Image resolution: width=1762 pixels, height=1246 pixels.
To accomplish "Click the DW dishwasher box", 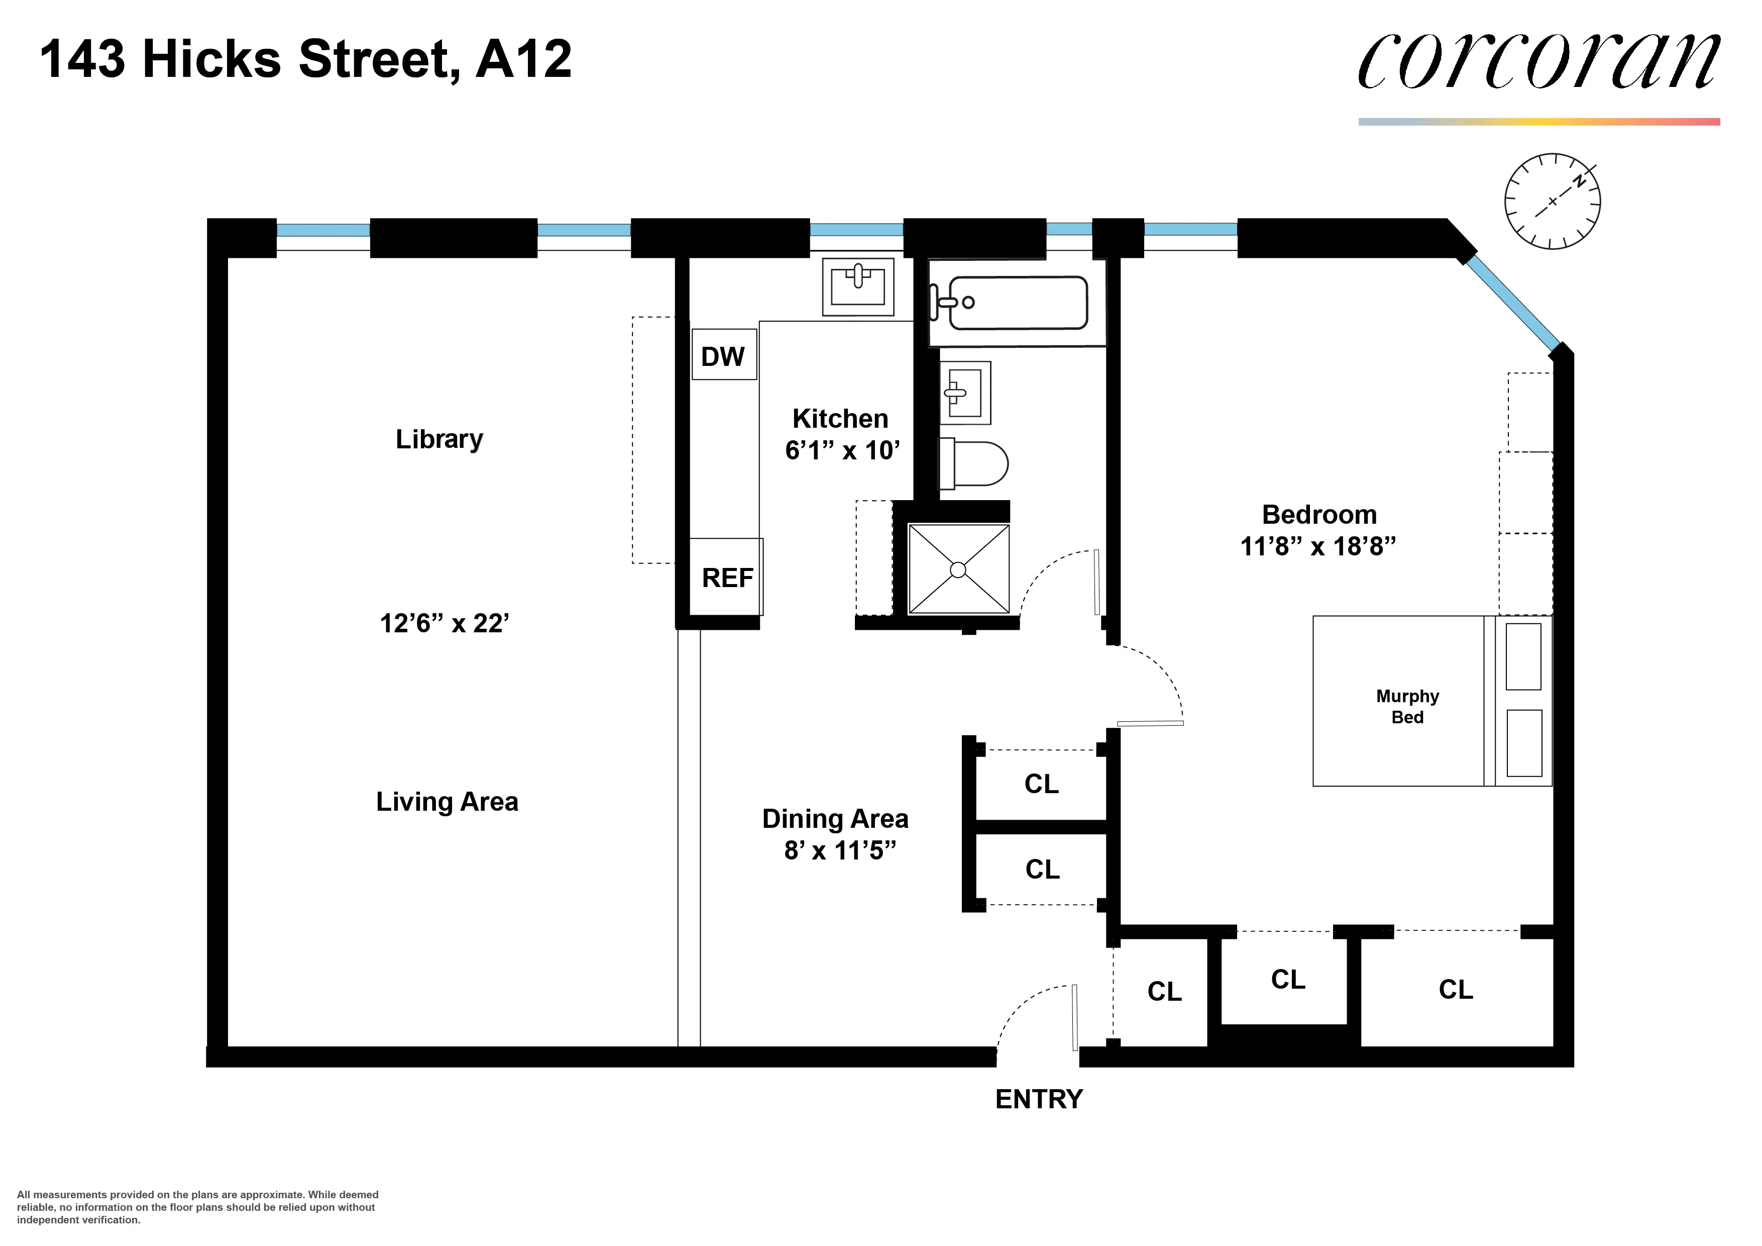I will point(724,355).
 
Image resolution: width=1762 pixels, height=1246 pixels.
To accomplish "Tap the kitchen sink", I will point(857,286).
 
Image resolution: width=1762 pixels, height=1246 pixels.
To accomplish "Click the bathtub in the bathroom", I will point(1017,303).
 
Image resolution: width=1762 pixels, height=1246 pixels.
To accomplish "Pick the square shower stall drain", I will point(958,569).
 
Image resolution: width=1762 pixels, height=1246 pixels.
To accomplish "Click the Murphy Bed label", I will point(1407,706).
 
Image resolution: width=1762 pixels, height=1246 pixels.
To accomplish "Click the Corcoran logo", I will point(1538,61).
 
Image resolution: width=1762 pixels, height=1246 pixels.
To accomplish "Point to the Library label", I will point(439,439).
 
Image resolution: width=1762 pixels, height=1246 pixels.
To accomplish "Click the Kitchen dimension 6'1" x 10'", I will point(842,450).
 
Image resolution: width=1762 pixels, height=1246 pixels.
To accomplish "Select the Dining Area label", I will point(835,818).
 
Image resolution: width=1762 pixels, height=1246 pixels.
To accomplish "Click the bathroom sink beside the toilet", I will point(965,393).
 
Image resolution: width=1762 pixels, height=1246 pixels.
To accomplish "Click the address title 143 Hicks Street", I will point(305,59).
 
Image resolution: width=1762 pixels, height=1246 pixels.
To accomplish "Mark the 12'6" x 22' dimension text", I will point(445,623).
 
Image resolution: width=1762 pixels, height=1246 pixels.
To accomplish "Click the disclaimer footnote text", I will point(197,1207).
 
